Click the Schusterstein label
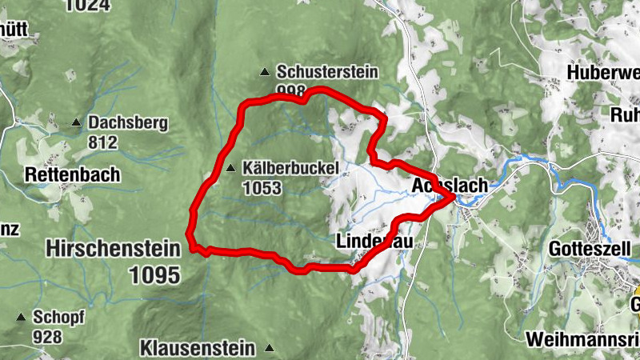pos(326,72)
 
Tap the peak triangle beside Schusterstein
pos(265,73)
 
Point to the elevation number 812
pos(103,142)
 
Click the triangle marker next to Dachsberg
pos(76,123)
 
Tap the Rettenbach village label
pos(72,174)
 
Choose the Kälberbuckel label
pos(294,168)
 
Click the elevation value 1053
pos(264,188)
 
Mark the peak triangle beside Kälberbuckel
pos(231,168)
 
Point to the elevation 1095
pos(154,274)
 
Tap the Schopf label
pos(58,316)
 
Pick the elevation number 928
pos(47,336)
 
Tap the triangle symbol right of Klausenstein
pos(270,348)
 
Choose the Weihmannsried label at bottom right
pos(582,338)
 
